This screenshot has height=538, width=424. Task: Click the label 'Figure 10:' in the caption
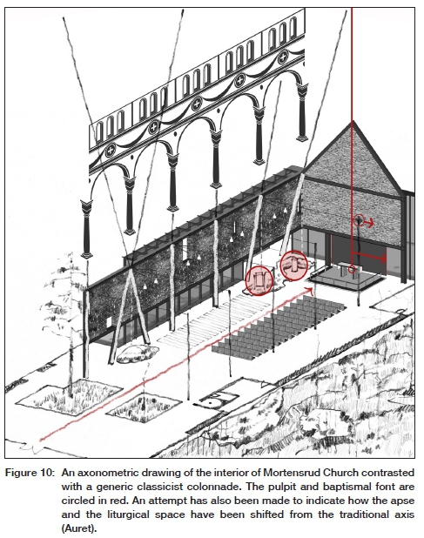[x=30, y=474]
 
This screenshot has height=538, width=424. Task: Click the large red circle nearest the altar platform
[x=294, y=266]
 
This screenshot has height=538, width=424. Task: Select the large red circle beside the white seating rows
[x=259, y=280]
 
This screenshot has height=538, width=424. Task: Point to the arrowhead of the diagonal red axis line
[x=310, y=290]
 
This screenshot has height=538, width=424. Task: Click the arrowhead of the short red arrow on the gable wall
[x=371, y=224]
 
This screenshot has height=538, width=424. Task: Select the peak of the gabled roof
[x=352, y=121]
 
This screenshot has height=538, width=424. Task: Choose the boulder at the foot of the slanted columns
[x=138, y=353]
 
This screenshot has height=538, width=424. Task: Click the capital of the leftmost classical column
[x=86, y=207]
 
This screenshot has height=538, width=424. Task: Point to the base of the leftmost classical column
[x=86, y=254]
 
